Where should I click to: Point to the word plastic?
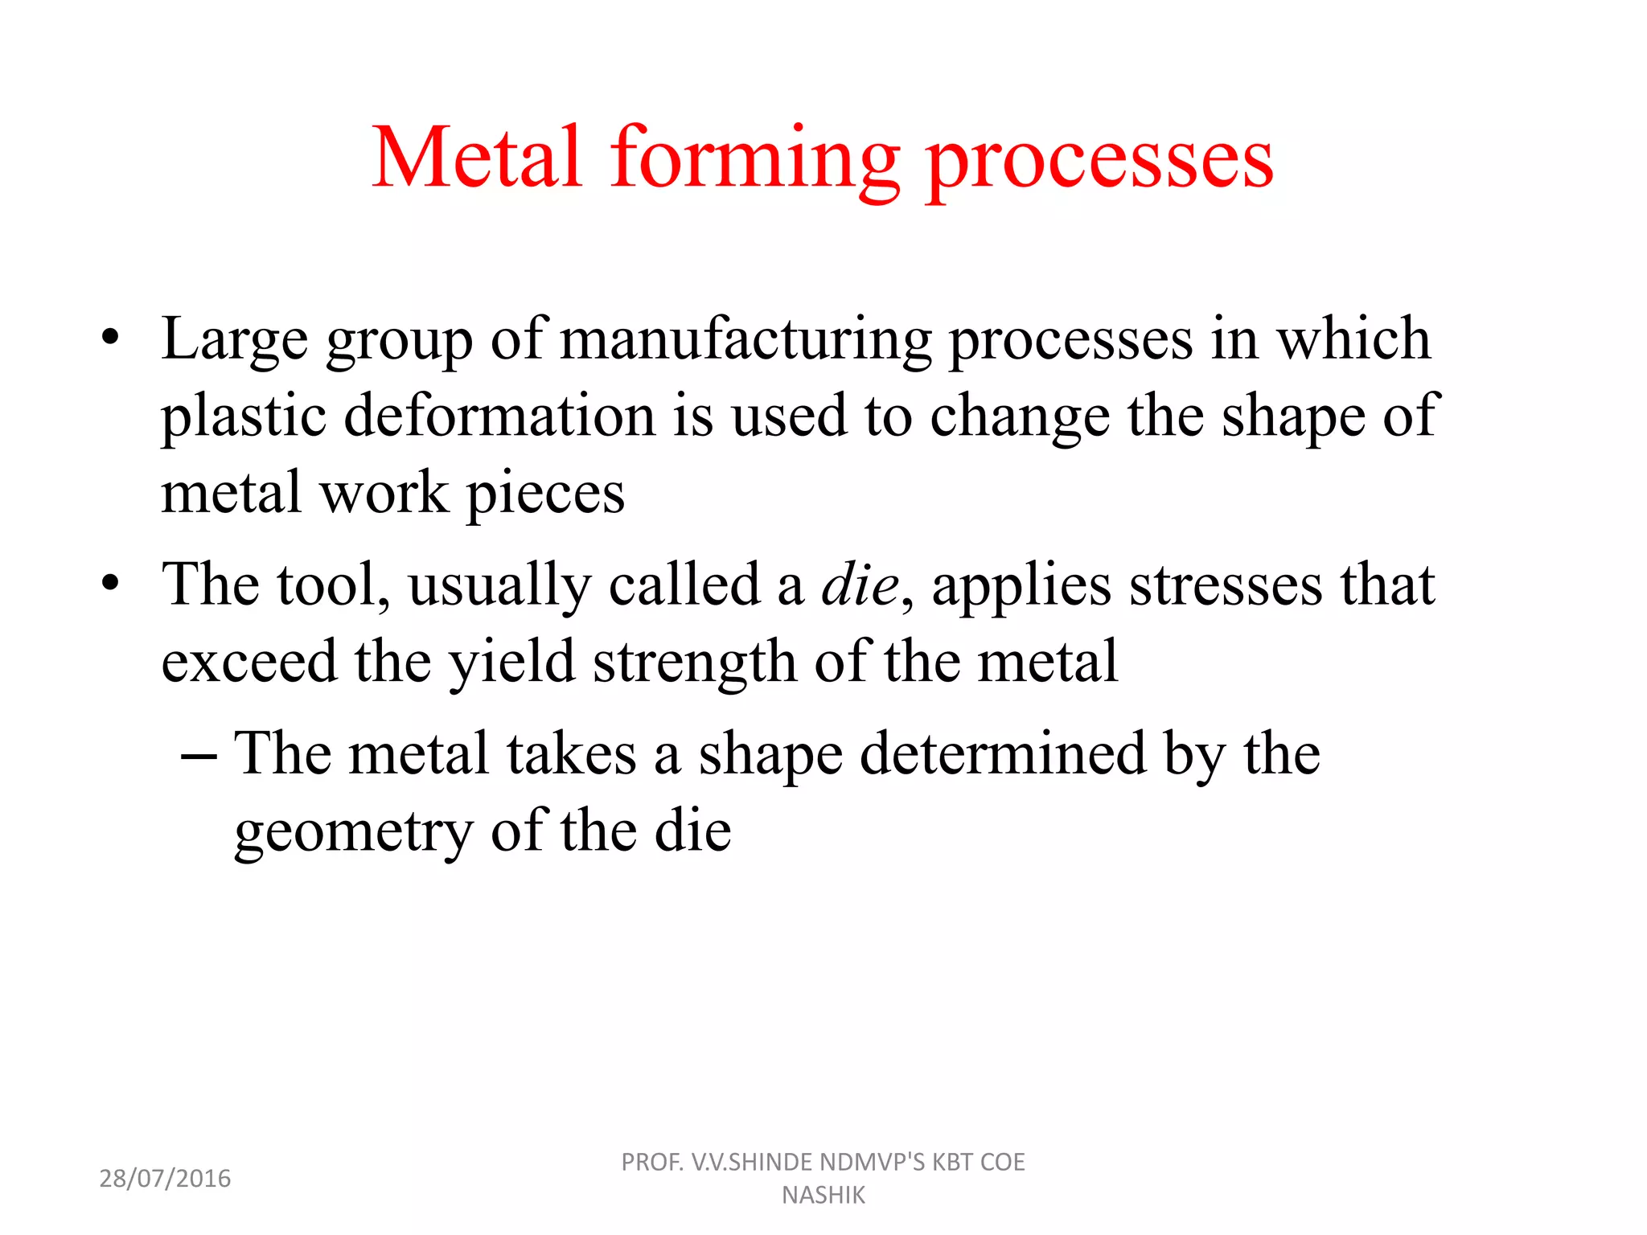(x=244, y=416)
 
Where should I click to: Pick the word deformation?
(x=499, y=416)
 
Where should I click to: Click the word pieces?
(x=546, y=494)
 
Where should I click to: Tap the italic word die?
(x=859, y=585)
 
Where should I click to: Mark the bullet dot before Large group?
(x=110, y=337)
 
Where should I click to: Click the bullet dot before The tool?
(x=110, y=582)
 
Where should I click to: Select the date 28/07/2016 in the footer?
(x=165, y=1179)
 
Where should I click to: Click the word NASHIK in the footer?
(x=823, y=1196)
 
